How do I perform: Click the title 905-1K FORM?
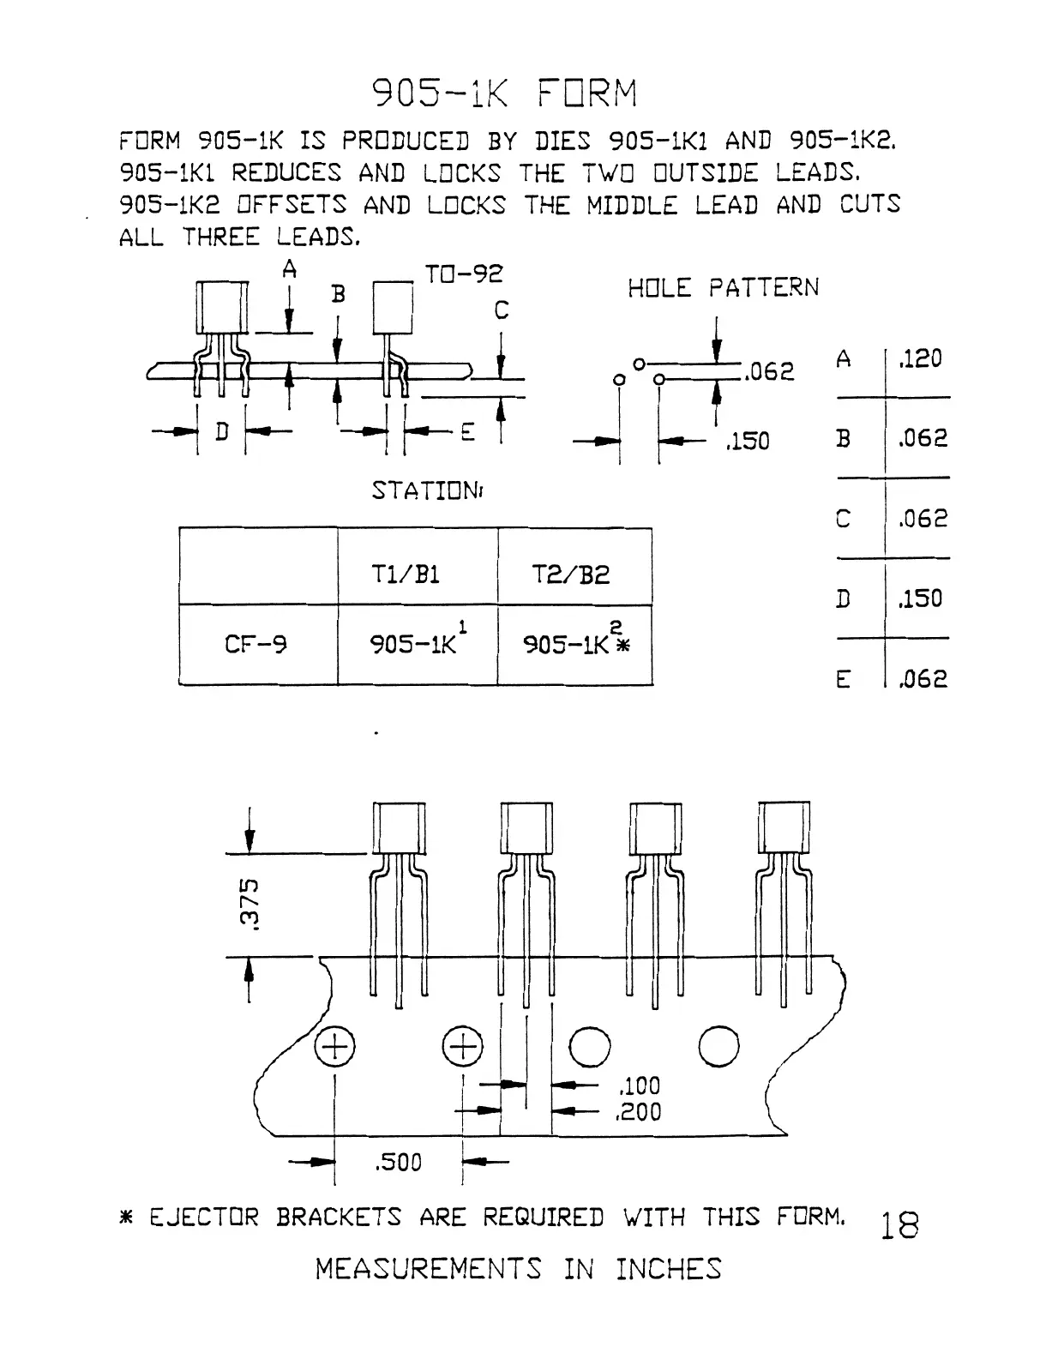505,93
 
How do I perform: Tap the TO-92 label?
464,274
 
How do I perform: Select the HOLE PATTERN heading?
723,288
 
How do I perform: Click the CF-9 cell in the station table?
255,644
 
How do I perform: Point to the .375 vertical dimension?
249,903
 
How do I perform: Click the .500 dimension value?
399,1163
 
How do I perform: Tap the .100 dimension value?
640,1085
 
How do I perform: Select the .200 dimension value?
640,1112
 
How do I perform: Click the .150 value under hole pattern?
748,442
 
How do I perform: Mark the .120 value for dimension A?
920,358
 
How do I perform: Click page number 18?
899,1226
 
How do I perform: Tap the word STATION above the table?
426,491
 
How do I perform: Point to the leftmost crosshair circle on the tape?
334,1047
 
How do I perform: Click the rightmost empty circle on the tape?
718,1046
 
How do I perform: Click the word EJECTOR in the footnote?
203,1218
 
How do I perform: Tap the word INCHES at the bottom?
669,1269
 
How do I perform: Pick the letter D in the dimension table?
844,598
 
